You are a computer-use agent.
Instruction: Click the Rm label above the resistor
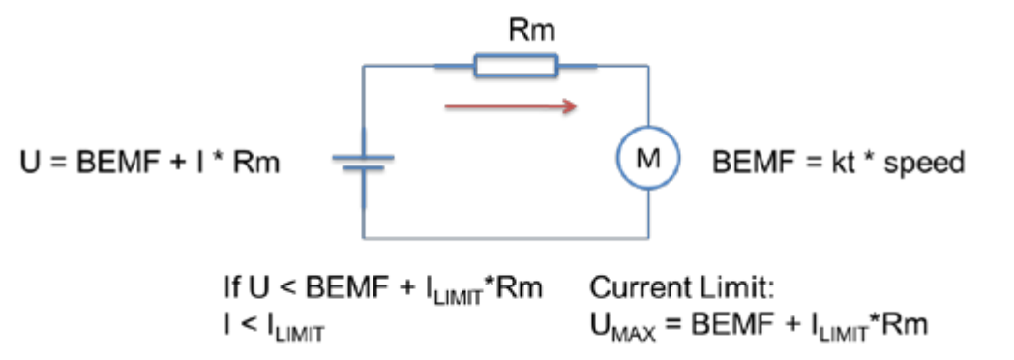(531, 32)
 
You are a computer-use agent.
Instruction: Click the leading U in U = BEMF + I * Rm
(27, 163)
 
